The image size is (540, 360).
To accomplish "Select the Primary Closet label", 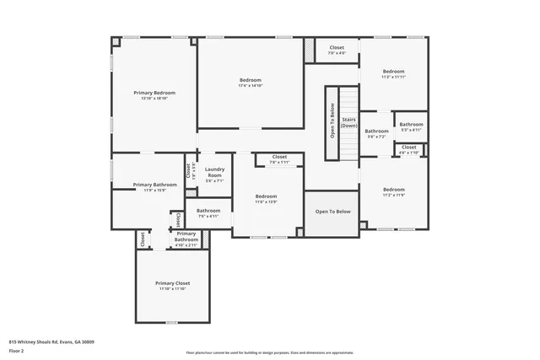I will [172, 283].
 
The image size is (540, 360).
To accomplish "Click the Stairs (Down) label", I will [348, 122].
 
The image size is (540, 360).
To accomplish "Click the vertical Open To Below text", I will [332, 121].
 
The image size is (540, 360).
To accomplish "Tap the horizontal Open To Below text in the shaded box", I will [332, 211].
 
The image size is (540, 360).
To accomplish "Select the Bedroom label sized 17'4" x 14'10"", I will [250, 80].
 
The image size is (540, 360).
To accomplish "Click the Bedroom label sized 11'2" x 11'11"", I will [393, 72].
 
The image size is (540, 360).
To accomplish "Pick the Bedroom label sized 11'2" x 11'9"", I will [393, 190].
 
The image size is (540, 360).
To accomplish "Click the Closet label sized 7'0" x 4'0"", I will [337, 48].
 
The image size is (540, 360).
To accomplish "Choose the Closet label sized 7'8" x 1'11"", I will [279, 157].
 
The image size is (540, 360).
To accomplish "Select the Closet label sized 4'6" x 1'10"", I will [408, 148].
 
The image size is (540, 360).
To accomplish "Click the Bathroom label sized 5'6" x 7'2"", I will [376, 131].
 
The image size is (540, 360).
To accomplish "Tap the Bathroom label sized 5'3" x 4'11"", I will [411, 125].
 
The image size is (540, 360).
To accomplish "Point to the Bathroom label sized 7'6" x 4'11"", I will [208, 211].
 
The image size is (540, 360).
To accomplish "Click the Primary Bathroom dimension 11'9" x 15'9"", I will [154, 190].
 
